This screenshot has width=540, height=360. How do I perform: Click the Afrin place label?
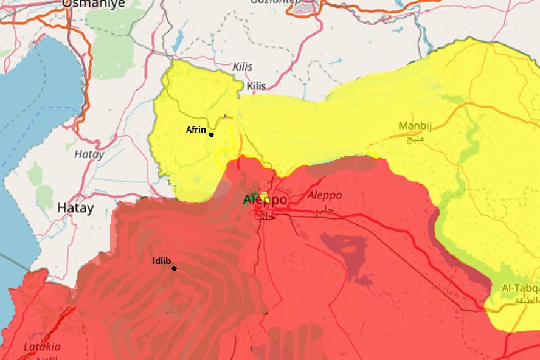click(x=196, y=130)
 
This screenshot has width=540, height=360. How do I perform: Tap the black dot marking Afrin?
click(x=211, y=134)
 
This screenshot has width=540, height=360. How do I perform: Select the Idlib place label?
click(x=161, y=261)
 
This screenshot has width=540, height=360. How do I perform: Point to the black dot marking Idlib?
click(x=174, y=268)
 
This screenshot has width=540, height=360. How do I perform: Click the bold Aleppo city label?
click(x=265, y=200)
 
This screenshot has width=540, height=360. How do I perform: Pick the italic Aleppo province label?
click(x=325, y=195)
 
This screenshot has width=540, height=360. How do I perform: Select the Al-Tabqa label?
click(x=521, y=288)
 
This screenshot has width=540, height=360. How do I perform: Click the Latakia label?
click(x=42, y=347)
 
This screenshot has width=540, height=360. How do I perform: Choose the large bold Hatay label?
click(x=75, y=208)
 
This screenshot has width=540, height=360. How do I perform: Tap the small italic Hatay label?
click(x=89, y=154)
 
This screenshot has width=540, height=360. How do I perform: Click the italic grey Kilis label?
click(x=242, y=66)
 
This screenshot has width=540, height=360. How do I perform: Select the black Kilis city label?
click(x=257, y=86)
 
